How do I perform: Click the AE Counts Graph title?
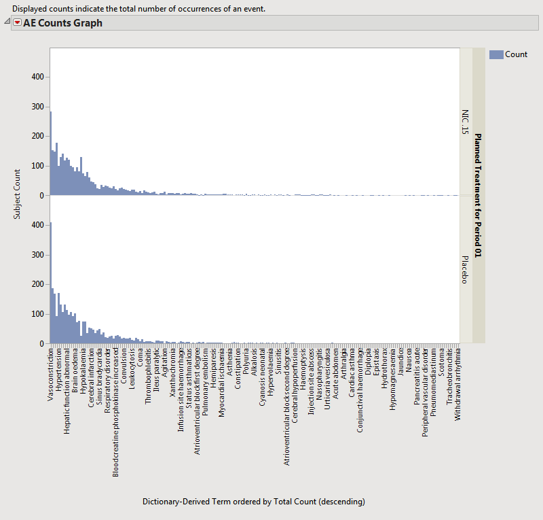pyautogui.click(x=62, y=23)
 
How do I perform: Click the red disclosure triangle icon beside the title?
pyautogui.click(x=17, y=23)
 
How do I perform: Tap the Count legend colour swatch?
pyautogui.click(x=495, y=54)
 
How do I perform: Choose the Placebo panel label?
pyautogui.click(x=465, y=270)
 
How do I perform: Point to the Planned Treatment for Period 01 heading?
pyautogui.click(x=478, y=196)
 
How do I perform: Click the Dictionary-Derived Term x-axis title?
pyautogui.click(x=253, y=502)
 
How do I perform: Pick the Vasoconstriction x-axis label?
pyautogui.click(x=51, y=374)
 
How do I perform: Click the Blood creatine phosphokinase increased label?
pyautogui.click(x=116, y=404)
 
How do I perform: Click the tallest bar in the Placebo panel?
pyautogui.click(x=51, y=285)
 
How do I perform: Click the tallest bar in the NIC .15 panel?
pyautogui.click(x=51, y=156)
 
